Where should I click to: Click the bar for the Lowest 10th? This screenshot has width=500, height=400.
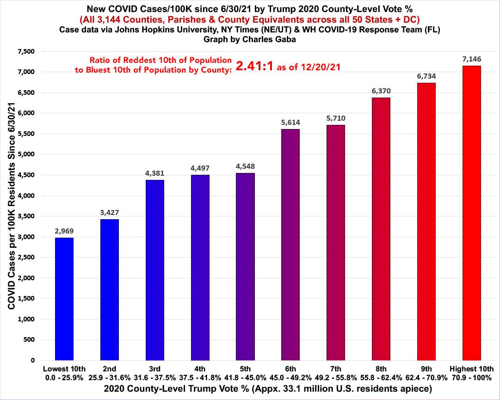click(64, 299)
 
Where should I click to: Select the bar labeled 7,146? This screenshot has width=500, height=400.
click(472, 213)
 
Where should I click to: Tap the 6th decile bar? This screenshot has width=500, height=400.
click(290, 245)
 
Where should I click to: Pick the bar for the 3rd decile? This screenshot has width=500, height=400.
click(154, 270)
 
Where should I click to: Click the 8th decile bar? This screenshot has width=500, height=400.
click(381, 229)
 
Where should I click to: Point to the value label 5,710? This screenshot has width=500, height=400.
click(336, 118)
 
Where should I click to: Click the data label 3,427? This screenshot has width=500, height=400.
click(109, 213)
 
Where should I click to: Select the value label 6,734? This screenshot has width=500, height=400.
click(426, 76)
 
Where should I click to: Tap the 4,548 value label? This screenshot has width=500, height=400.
click(245, 166)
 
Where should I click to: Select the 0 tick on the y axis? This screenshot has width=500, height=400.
click(33, 361)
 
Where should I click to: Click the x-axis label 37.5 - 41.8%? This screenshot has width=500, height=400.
click(200, 378)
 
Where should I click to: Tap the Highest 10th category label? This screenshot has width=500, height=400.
click(472, 369)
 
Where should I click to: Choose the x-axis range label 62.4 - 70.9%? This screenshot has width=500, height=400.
click(426, 378)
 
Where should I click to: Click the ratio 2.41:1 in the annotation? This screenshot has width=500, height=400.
click(254, 66)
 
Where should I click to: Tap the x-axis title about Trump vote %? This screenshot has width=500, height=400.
click(268, 389)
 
